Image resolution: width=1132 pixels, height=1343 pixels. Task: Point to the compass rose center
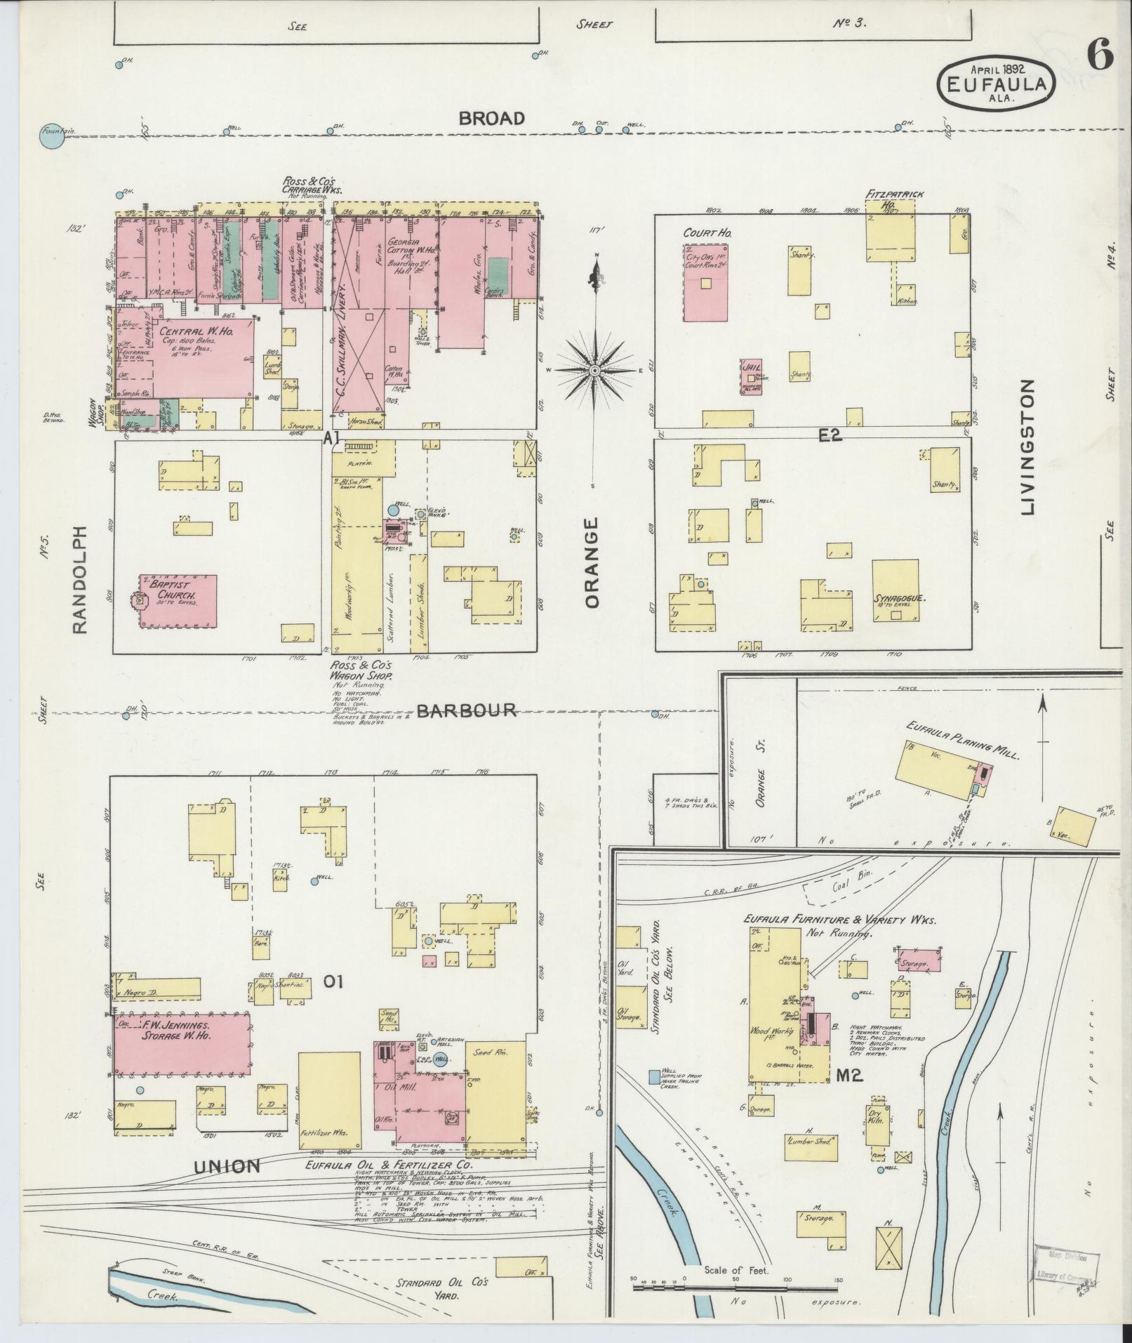click(x=594, y=370)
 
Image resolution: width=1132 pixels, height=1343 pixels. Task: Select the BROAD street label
click(x=491, y=119)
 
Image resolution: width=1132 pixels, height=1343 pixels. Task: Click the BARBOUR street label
click(x=467, y=710)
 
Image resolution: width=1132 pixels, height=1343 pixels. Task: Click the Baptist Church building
click(x=179, y=601)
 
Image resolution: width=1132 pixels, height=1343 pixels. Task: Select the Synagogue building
click(x=895, y=590)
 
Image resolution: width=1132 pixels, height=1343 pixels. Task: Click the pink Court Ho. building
click(x=705, y=282)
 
